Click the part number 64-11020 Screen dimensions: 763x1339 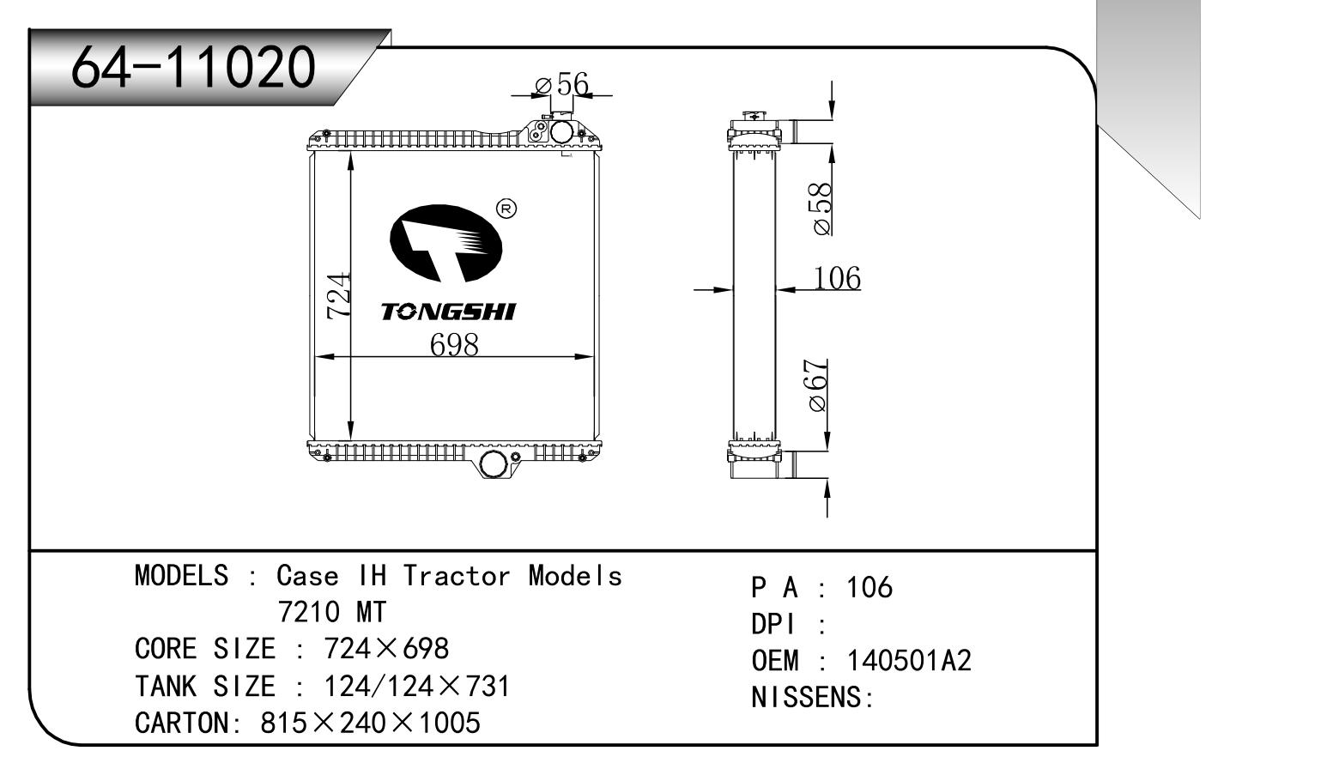(x=193, y=67)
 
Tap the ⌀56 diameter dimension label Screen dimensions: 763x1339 (x=562, y=84)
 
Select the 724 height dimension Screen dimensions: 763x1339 (x=338, y=296)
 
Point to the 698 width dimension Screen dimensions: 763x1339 (x=454, y=344)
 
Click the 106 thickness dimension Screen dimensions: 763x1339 (x=836, y=278)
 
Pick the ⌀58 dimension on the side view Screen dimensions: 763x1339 (x=821, y=209)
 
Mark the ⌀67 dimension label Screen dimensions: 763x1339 (x=818, y=385)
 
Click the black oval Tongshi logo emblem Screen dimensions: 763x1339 (x=446, y=244)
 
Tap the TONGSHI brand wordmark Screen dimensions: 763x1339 (x=448, y=312)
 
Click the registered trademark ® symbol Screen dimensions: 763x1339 (x=506, y=209)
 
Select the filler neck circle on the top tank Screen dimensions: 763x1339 (x=561, y=132)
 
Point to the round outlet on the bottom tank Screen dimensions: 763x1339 (x=494, y=464)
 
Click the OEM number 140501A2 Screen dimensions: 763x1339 (x=909, y=661)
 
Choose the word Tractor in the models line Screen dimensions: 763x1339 (x=457, y=575)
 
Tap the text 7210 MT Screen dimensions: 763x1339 (x=332, y=612)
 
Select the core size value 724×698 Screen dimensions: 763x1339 (x=386, y=649)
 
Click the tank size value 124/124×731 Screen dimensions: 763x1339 (x=416, y=686)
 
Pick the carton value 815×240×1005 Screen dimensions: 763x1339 (x=370, y=723)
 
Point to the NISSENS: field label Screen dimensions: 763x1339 (x=812, y=697)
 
